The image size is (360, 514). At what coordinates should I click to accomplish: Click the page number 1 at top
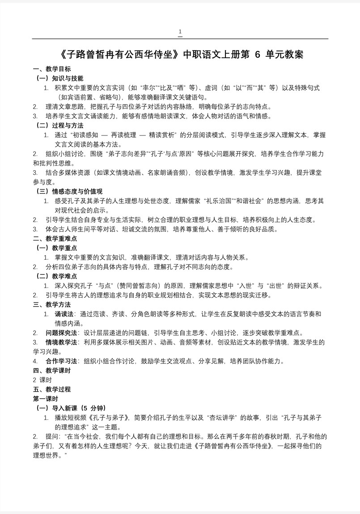point(180,32)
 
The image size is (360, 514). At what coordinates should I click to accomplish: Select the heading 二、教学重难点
point(55,239)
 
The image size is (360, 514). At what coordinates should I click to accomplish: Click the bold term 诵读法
point(64,314)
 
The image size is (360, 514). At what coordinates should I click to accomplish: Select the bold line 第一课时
point(45,399)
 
